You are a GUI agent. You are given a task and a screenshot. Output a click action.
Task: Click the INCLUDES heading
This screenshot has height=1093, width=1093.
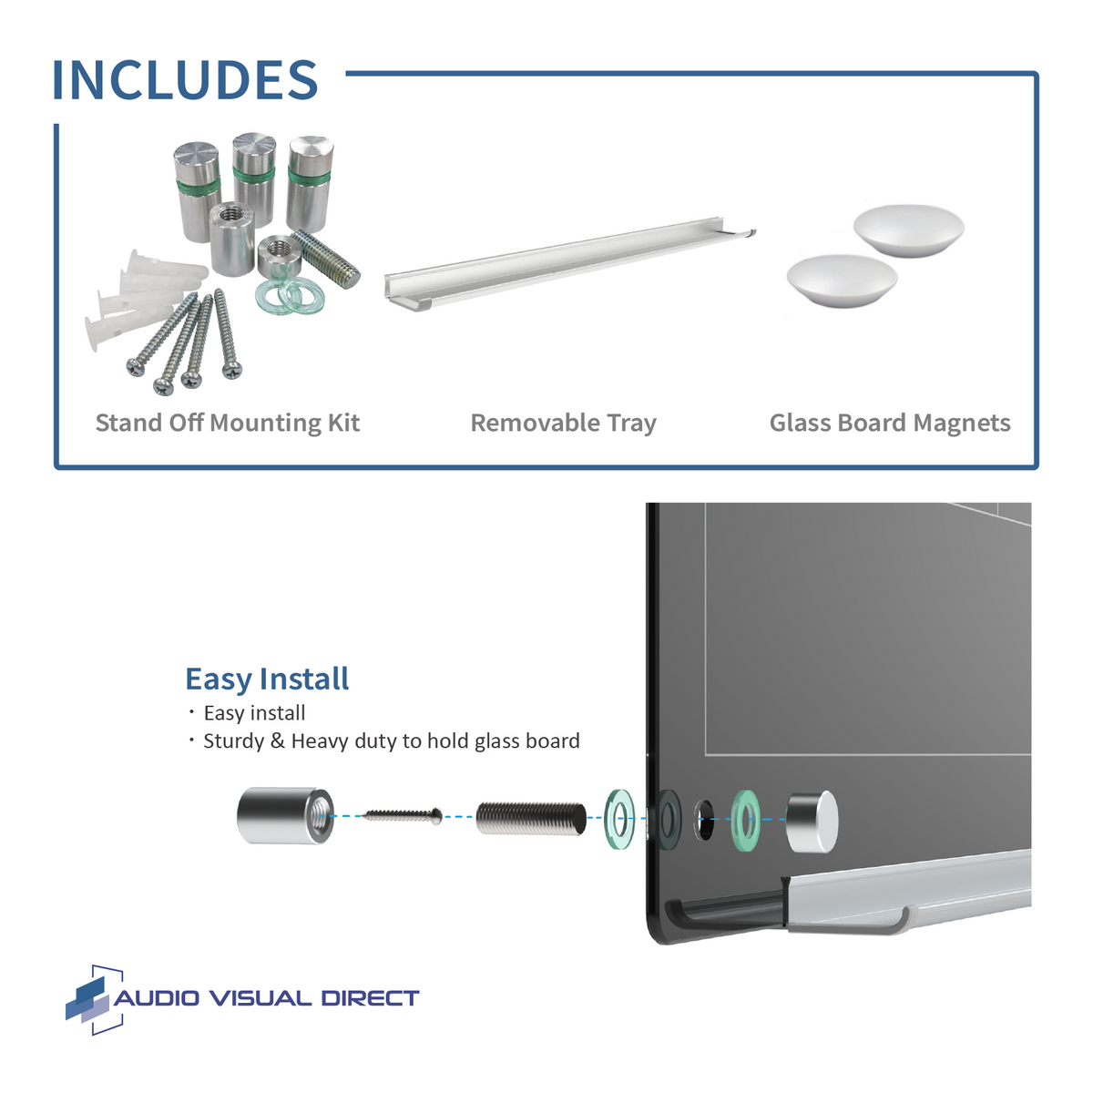(x=185, y=80)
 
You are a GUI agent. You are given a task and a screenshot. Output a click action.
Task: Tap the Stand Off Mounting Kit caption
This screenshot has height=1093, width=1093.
(x=228, y=423)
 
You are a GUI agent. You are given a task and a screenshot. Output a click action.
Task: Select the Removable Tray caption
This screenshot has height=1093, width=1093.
(x=563, y=423)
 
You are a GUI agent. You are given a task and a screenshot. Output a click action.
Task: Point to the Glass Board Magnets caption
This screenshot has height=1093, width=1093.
(x=890, y=423)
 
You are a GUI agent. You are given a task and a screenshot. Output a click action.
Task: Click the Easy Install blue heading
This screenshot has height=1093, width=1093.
(x=267, y=679)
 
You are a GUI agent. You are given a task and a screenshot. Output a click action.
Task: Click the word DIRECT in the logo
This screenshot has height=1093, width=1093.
(x=370, y=998)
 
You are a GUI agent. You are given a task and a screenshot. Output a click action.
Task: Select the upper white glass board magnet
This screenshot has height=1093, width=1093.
(x=908, y=230)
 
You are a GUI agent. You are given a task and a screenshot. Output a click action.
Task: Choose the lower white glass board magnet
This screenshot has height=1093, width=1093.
(x=841, y=280)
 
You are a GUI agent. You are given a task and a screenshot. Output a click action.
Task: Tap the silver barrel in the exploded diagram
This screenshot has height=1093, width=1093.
(x=284, y=814)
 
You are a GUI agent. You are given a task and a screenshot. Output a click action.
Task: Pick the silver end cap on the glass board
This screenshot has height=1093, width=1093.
(x=811, y=822)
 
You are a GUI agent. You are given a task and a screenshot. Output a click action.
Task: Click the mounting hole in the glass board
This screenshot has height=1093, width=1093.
(x=704, y=820)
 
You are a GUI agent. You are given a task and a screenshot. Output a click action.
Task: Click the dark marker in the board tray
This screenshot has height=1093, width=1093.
(x=729, y=914)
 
